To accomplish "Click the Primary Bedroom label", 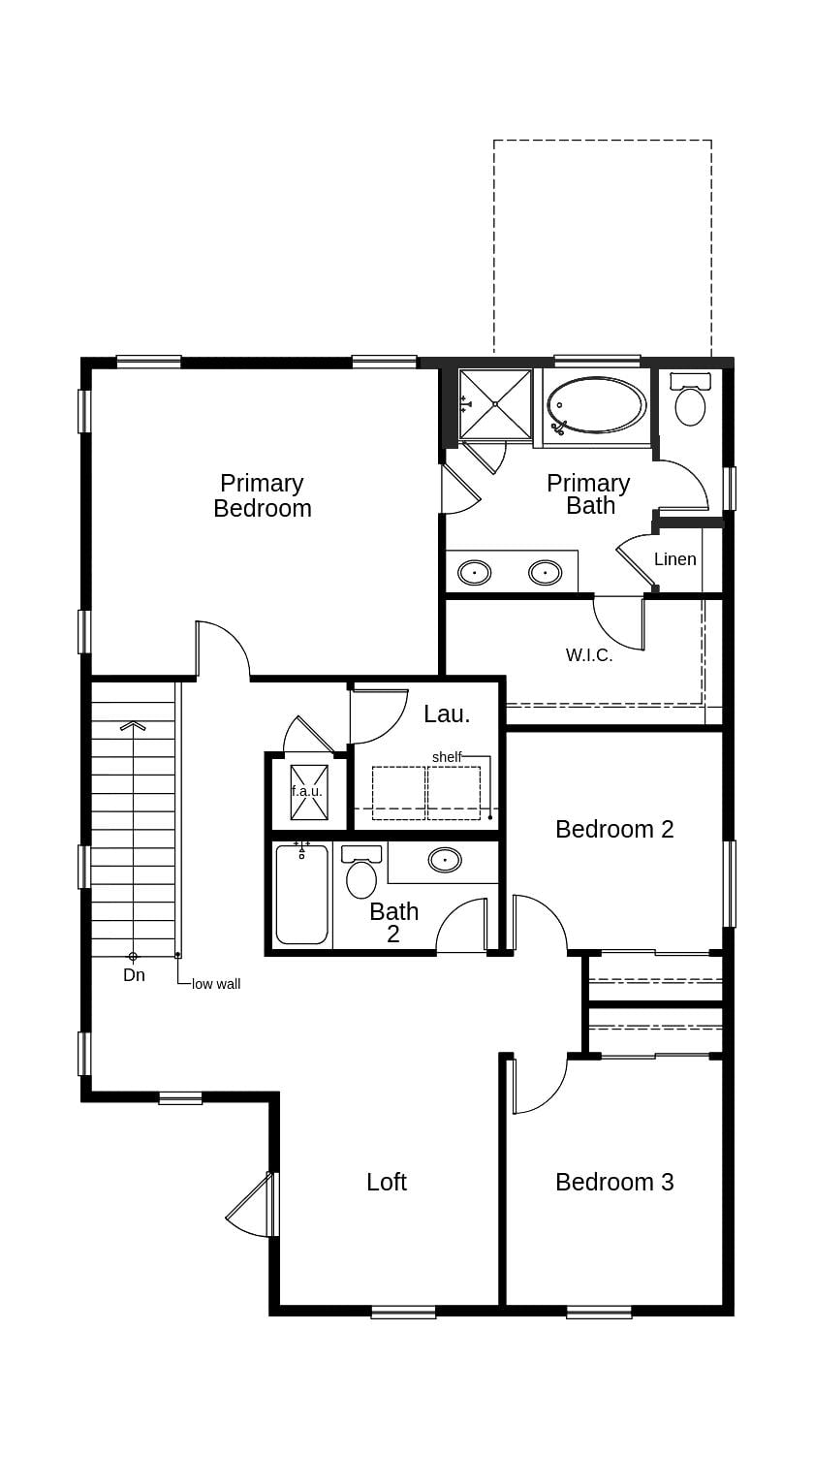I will (x=263, y=495).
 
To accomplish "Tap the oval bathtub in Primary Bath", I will (x=596, y=405).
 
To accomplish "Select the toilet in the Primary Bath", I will (x=690, y=403).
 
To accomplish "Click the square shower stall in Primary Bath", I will (x=495, y=403).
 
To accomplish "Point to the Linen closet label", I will (x=675, y=559).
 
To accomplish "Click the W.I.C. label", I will (x=589, y=655).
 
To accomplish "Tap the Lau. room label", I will (x=447, y=714).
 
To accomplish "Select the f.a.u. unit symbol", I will (x=307, y=791).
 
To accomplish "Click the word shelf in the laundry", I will (x=447, y=757).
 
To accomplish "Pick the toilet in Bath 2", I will (x=361, y=874).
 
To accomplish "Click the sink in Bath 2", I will (x=445, y=860).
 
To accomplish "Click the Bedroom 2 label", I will (x=614, y=829).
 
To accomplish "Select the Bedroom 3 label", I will (x=614, y=1182).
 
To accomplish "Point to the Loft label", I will (x=387, y=1182).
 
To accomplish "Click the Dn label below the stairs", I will (x=134, y=975).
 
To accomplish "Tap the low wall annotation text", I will (x=216, y=984).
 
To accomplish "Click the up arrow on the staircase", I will (x=133, y=725).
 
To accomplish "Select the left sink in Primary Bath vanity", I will (x=474, y=573).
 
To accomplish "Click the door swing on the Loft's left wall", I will (x=250, y=1207).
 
